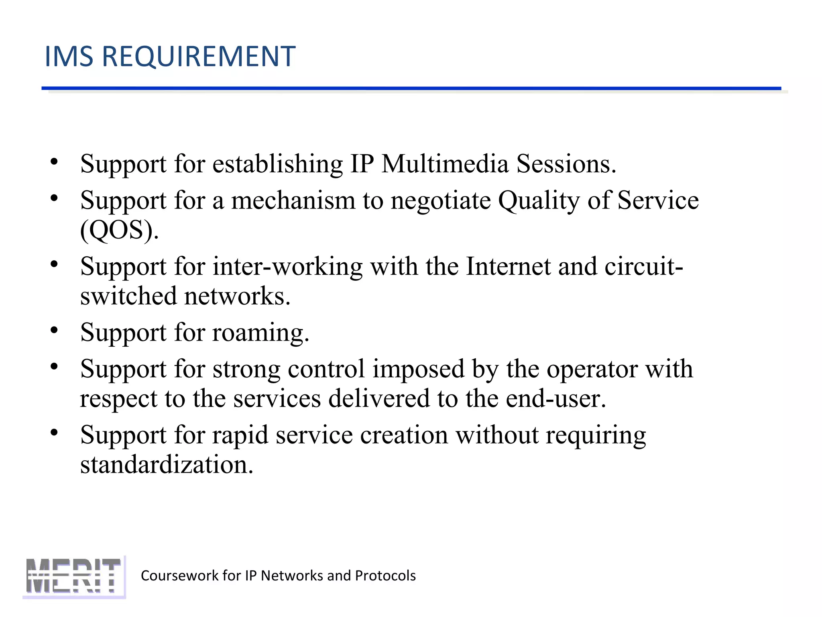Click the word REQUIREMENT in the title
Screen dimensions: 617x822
(x=199, y=56)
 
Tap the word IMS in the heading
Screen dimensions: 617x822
(x=69, y=56)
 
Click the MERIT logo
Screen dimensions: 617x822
(x=74, y=576)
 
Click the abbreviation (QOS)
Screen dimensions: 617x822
(x=119, y=231)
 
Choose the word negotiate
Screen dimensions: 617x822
(x=440, y=201)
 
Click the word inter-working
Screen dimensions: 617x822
(x=287, y=266)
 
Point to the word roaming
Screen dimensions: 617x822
(x=260, y=333)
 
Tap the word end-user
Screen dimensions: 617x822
(x=555, y=399)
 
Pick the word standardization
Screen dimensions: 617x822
(x=167, y=465)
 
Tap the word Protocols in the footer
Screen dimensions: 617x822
(x=385, y=576)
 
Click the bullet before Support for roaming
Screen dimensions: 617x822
(x=55, y=330)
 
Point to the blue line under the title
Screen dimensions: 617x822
(x=411, y=88)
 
